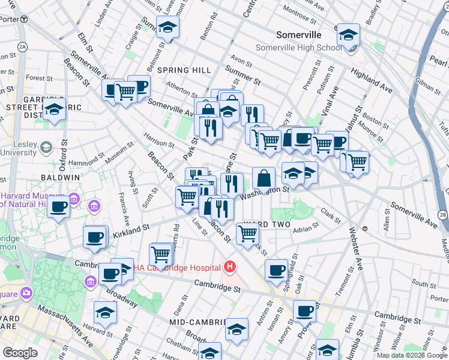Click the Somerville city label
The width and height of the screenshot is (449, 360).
tap(299, 35)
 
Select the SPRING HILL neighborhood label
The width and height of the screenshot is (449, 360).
tap(184, 70)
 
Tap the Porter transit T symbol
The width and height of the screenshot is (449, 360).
tap(23, 19)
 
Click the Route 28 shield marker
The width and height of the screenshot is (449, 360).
tap(443, 214)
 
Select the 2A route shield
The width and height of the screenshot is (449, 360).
tap(22, 46)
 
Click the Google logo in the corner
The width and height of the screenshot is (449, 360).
tap(20, 352)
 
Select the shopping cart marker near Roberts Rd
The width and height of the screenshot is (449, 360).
tap(161, 254)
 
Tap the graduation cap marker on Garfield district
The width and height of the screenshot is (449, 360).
tap(55, 110)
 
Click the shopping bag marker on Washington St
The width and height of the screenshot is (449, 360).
tap(264, 178)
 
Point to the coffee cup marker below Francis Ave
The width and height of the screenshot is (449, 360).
tap(59, 208)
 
